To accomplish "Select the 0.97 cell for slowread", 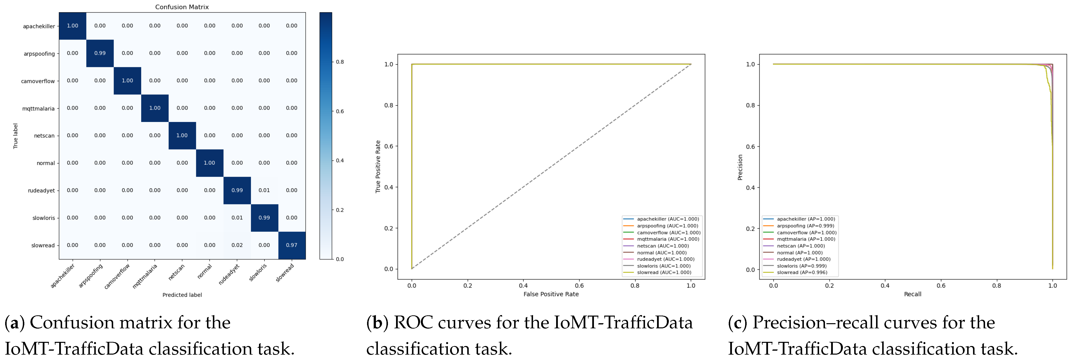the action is pos(291,245).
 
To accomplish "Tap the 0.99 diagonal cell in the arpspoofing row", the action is pos(100,53).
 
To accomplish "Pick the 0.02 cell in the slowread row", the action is pos(237,245).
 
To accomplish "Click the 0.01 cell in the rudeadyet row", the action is pos(264,190).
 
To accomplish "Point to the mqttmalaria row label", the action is pos(38,108).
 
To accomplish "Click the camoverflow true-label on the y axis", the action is pos(38,81).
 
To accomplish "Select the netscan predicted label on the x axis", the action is pos(176,272).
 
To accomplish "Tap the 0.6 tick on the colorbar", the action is pos(340,111).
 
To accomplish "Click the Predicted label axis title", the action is pos(182,295).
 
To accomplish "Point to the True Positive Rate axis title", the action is pos(378,166).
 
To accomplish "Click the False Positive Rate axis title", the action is pos(551,294).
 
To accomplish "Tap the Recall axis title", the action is pos(913,294).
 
